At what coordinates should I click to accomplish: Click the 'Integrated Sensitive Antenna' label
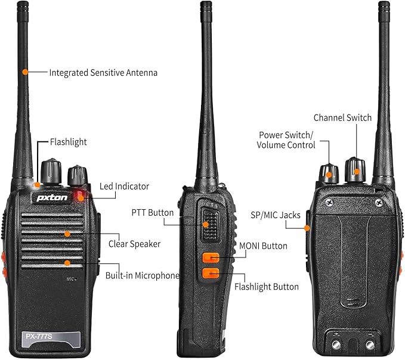(x=103, y=73)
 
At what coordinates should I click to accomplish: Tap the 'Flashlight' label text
(x=69, y=142)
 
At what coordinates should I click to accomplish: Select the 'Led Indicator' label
(x=124, y=187)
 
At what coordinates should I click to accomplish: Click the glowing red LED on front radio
(x=80, y=195)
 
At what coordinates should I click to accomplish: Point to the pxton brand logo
(x=52, y=198)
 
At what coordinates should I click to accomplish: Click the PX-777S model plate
(x=51, y=339)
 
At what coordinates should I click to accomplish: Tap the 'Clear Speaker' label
(x=134, y=244)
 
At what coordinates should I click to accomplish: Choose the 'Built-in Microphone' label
(x=143, y=275)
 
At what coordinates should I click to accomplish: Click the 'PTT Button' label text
(x=152, y=213)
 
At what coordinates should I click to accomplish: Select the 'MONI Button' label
(x=263, y=246)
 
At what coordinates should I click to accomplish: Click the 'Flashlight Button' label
(x=266, y=287)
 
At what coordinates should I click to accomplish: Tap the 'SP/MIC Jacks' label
(x=276, y=215)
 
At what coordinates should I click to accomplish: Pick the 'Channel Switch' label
(x=342, y=117)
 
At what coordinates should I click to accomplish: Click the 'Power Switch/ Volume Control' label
(x=286, y=140)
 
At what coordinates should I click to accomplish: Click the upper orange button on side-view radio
(x=211, y=257)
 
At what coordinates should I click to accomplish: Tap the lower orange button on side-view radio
(x=211, y=274)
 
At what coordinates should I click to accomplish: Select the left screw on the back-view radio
(x=329, y=203)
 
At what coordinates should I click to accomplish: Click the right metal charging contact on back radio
(x=370, y=345)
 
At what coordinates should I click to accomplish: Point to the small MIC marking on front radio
(x=71, y=279)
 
